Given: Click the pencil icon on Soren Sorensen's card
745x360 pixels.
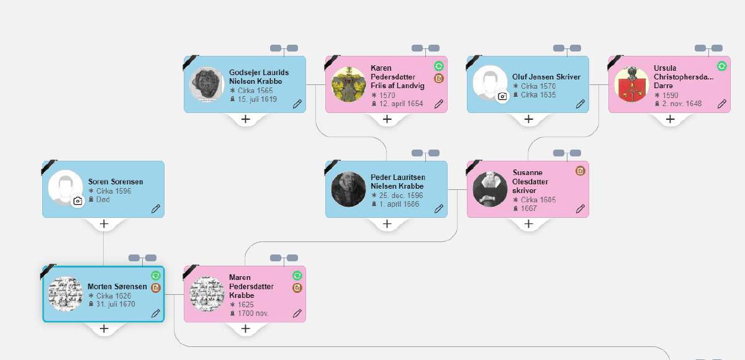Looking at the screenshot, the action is tap(156, 209).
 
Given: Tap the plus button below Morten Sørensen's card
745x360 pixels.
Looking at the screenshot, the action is tap(104, 329).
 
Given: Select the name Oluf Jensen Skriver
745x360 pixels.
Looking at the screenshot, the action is tap(546, 77).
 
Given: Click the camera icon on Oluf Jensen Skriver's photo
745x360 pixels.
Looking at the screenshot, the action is tap(502, 96).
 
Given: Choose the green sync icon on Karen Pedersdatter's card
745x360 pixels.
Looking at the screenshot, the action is tap(439, 66).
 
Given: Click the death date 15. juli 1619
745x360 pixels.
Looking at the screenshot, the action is tap(257, 99).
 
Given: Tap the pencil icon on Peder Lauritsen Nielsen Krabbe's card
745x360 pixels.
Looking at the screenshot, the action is tap(439, 209).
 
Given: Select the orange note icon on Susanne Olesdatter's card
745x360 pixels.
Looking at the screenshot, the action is tap(580, 171).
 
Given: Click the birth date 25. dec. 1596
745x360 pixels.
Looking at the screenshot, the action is tap(401, 195).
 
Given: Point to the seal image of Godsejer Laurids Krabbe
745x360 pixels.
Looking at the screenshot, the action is tap(207, 84).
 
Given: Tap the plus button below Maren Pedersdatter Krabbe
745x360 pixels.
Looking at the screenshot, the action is tap(245, 329).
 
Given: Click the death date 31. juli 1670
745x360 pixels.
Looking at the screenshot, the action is tap(115, 304).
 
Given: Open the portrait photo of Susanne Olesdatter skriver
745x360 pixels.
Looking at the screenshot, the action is tap(490, 189).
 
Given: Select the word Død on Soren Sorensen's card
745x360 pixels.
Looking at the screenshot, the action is tap(103, 199).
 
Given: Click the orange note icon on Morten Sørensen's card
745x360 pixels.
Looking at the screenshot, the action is tap(156, 287).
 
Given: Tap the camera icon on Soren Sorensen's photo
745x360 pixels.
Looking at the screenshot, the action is tap(78, 201).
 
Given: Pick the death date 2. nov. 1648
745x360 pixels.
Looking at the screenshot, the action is tap(682, 104).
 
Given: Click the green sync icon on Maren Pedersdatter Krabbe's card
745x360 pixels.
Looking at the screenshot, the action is tap(297, 276).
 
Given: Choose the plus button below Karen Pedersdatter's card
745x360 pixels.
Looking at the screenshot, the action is tap(387, 119).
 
